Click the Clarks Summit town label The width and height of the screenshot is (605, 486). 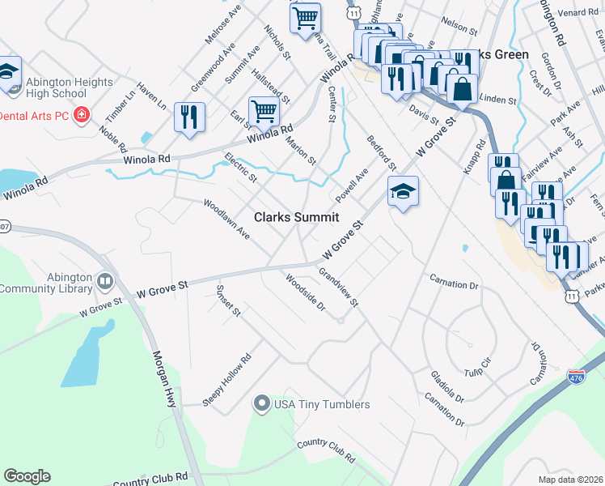click(x=296, y=217)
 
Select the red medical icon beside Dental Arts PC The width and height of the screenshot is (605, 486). click(x=80, y=116)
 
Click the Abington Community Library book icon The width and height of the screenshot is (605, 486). click(x=105, y=281)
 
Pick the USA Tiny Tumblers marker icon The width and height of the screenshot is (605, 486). click(x=261, y=403)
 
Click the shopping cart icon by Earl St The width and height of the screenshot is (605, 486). click(x=264, y=112)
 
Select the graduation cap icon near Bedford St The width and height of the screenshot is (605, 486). click(x=403, y=192)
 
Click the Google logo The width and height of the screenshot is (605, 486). click(x=27, y=476)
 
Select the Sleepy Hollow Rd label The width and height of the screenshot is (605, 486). click(x=227, y=379)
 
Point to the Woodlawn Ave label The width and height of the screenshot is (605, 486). click(x=226, y=219)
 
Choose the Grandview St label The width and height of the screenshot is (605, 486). click(x=338, y=288)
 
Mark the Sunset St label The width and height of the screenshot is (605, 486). click(x=227, y=301)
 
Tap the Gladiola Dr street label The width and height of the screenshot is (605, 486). click(x=448, y=387)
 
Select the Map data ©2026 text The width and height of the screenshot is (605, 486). click(x=571, y=479)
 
